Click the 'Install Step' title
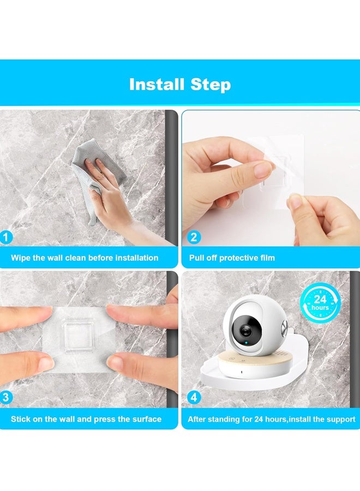click(x=180, y=85)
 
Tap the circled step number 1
click(x=5, y=237)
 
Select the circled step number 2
click(x=194, y=237)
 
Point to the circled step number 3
click(x=5, y=397)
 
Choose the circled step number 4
click(x=194, y=397)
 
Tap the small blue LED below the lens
click(x=247, y=343)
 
